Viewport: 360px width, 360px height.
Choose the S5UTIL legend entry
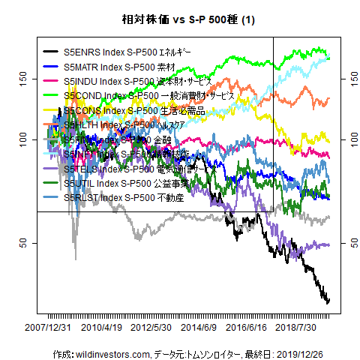(x=128, y=182)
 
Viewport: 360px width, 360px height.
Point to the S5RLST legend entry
(x=123, y=196)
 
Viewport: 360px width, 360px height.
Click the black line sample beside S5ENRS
(x=51, y=53)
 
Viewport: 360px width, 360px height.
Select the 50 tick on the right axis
(x=351, y=243)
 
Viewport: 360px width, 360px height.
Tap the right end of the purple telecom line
(x=328, y=245)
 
